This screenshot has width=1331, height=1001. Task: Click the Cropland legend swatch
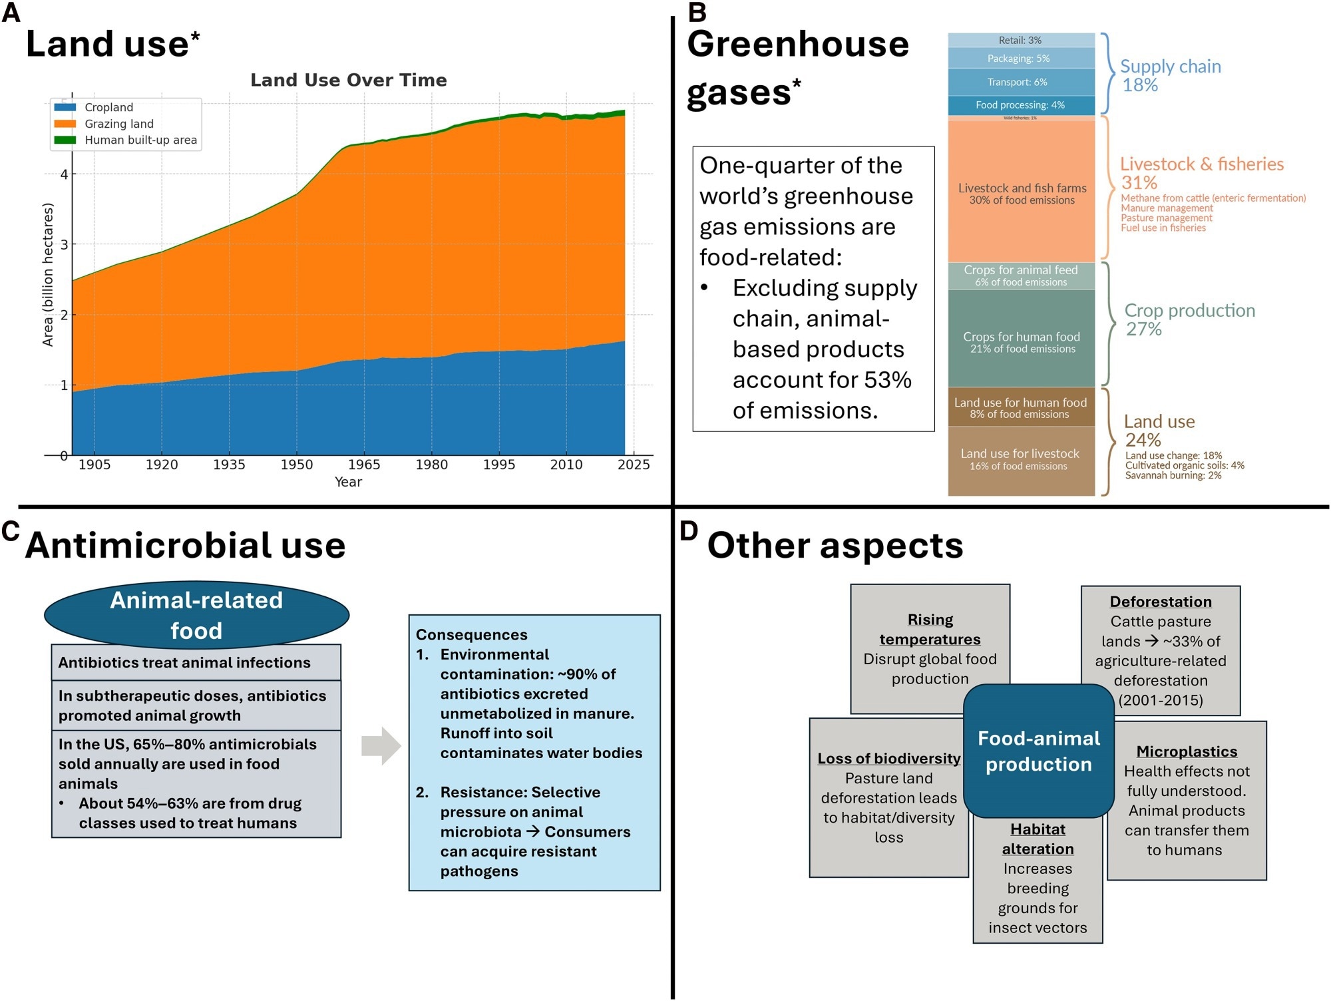(65, 107)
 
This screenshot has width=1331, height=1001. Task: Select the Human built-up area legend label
(140, 140)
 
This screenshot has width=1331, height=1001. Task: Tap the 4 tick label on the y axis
(64, 174)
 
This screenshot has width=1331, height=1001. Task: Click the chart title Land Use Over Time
(348, 81)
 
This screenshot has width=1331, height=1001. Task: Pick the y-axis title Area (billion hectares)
(48, 274)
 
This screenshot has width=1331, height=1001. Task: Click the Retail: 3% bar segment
(1020, 41)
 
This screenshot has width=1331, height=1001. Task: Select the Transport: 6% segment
(1020, 82)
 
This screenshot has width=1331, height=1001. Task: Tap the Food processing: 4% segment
(1020, 105)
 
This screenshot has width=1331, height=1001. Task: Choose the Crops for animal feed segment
(1021, 276)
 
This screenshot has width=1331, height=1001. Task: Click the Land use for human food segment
(1021, 407)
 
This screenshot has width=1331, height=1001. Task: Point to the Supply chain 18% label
(1170, 75)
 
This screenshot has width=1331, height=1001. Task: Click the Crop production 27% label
(1189, 319)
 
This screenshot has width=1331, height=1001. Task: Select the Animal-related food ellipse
(196, 615)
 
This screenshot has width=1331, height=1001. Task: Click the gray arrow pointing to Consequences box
(381, 745)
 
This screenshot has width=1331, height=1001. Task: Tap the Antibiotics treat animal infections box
(196, 662)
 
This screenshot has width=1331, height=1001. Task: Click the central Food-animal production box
(1038, 751)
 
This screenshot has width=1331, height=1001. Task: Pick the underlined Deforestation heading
(1160, 602)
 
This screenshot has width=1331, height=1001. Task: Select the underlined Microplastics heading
(1187, 751)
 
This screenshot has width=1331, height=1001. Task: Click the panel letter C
(11, 531)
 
